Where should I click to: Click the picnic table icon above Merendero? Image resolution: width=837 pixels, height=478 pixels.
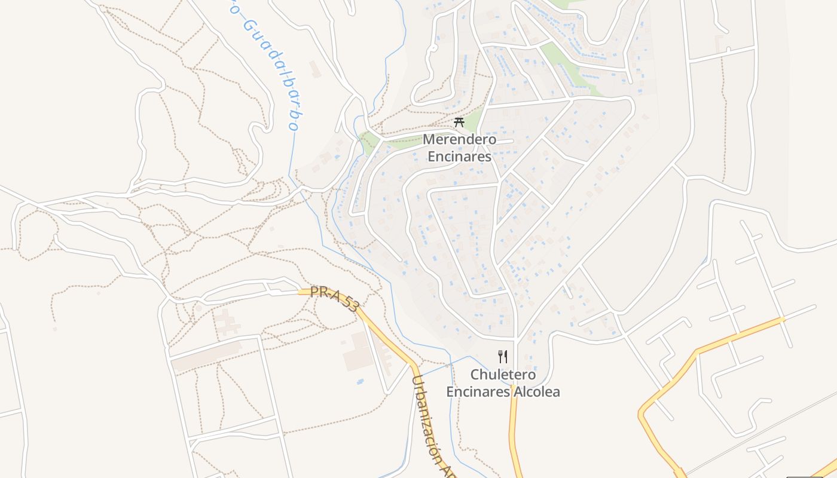click(459, 122)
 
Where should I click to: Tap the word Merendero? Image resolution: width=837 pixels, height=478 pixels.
click(459, 140)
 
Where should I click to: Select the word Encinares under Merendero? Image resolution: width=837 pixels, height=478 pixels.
click(459, 157)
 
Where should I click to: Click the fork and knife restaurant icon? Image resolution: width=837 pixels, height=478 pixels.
click(503, 357)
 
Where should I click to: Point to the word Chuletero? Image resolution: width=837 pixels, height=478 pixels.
click(503, 375)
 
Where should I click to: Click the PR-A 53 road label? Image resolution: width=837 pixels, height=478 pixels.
click(335, 299)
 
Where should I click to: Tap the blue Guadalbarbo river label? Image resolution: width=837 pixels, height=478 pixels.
click(269, 66)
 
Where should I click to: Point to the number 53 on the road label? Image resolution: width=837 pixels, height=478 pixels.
click(350, 306)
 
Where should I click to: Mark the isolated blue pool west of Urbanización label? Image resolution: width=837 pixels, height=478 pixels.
click(361, 381)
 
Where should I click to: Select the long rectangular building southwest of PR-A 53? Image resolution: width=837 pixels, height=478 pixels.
click(206, 357)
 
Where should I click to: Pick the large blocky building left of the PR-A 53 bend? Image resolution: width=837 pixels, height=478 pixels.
click(358, 352)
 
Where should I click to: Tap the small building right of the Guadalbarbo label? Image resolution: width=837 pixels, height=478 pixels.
click(315, 68)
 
